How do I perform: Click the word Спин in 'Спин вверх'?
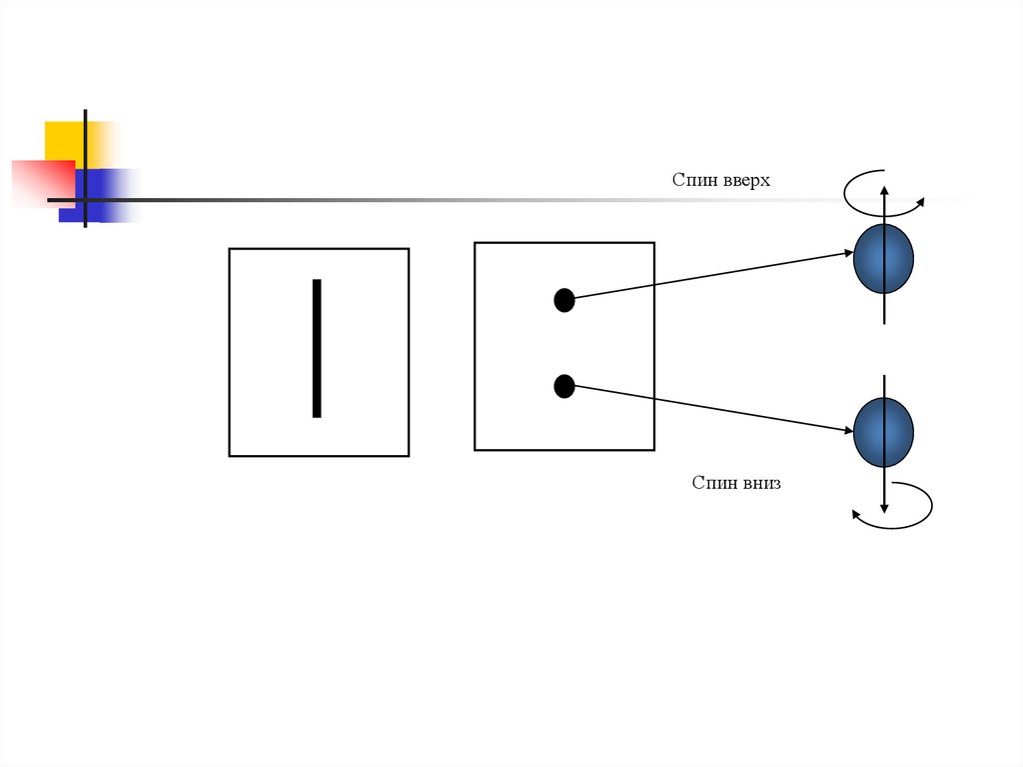point(692,180)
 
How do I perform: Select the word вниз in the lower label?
point(761,483)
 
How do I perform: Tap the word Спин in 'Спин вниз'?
point(713,483)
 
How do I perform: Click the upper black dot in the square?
point(564,300)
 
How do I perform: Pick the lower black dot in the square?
point(564,385)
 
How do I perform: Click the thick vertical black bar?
point(317,348)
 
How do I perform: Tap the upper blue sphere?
point(884,258)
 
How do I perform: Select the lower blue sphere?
point(884,432)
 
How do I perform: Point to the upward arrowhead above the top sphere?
point(884,189)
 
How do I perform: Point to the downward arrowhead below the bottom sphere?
point(884,508)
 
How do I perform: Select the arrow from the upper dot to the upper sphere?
point(709,276)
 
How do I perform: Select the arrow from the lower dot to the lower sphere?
point(709,408)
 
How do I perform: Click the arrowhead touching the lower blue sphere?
point(849,431)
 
